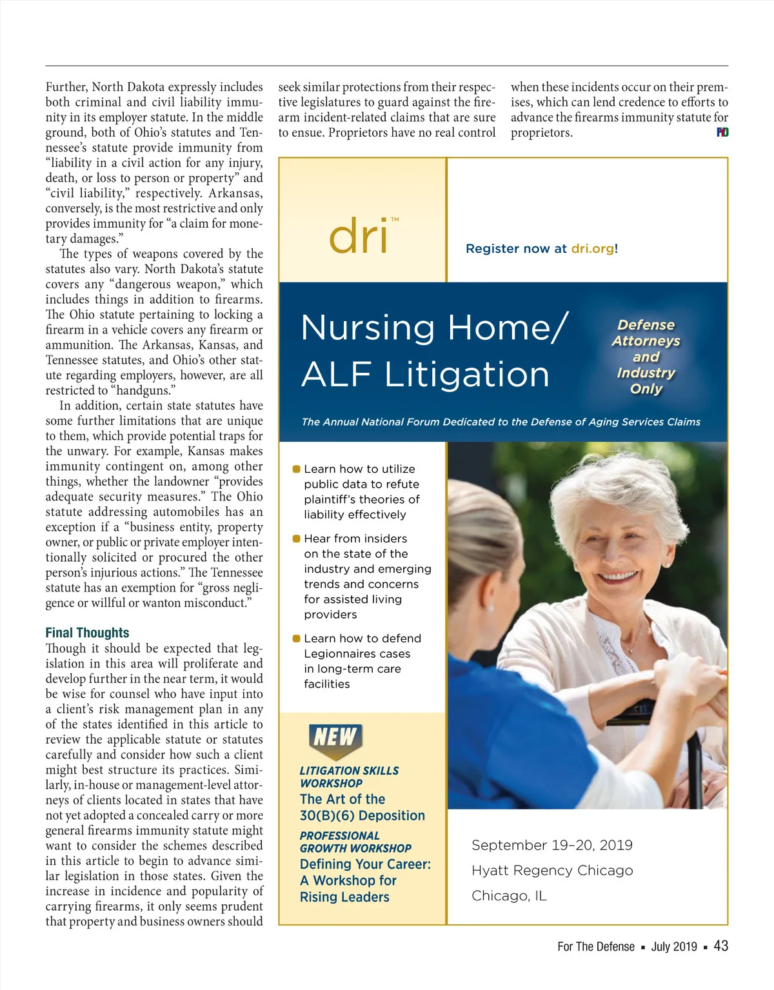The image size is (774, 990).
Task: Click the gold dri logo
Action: click(x=359, y=237)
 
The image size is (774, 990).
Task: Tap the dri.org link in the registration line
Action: click(x=592, y=249)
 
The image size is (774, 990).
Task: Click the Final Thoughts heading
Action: click(x=87, y=633)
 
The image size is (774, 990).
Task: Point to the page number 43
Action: click(x=720, y=946)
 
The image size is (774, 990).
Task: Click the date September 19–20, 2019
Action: click(x=551, y=846)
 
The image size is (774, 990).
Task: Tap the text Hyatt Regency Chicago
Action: click(x=551, y=871)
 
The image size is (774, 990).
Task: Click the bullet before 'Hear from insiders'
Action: click(x=296, y=539)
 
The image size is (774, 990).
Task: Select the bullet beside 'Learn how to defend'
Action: click(x=296, y=639)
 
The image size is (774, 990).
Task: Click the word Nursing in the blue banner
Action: click(x=368, y=328)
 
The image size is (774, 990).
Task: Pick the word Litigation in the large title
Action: click(x=466, y=375)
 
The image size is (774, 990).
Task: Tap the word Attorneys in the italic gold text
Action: click(x=646, y=341)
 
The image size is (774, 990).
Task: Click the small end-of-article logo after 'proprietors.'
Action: click(x=722, y=133)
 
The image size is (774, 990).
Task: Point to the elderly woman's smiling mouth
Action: click(x=617, y=576)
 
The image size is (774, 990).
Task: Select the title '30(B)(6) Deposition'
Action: click(x=362, y=816)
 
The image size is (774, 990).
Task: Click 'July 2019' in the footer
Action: click(x=674, y=947)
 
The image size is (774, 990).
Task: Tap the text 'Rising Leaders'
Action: click(x=344, y=897)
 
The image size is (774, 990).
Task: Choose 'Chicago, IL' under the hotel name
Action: click(x=509, y=896)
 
